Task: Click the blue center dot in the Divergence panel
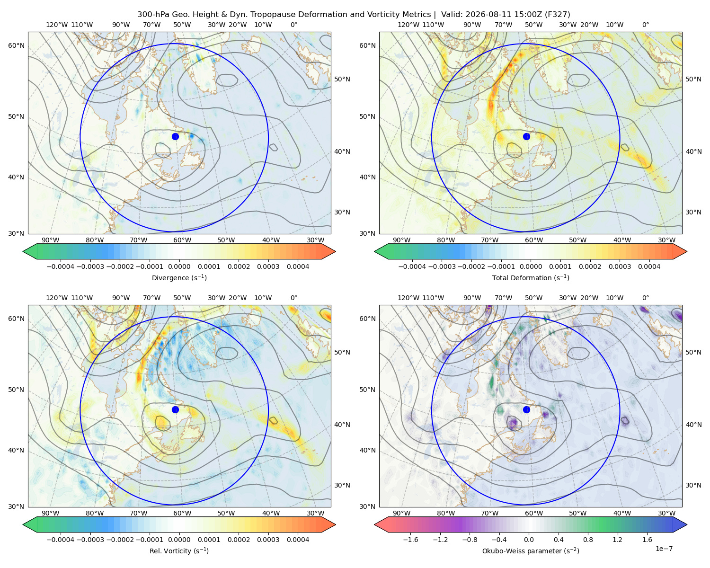point(175,136)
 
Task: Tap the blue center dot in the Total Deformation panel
point(526,136)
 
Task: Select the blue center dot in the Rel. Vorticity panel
point(175,409)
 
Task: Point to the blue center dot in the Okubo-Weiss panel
point(526,409)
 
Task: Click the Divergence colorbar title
point(179,277)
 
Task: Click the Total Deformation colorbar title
point(531,277)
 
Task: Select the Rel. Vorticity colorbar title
point(179,550)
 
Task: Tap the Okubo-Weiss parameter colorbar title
point(531,550)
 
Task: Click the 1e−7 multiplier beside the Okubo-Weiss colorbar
point(664,549)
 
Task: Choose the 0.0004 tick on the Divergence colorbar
point(298,266)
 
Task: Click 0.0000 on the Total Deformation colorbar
point(531,266)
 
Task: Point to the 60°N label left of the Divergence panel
point(16,45)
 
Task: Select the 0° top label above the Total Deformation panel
point(645,25)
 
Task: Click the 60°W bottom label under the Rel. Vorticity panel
point(182,513)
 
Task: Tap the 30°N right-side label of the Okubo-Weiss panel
point(693,485)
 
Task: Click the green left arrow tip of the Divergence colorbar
point(23,251)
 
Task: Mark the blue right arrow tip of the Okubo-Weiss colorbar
point(687,524)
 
